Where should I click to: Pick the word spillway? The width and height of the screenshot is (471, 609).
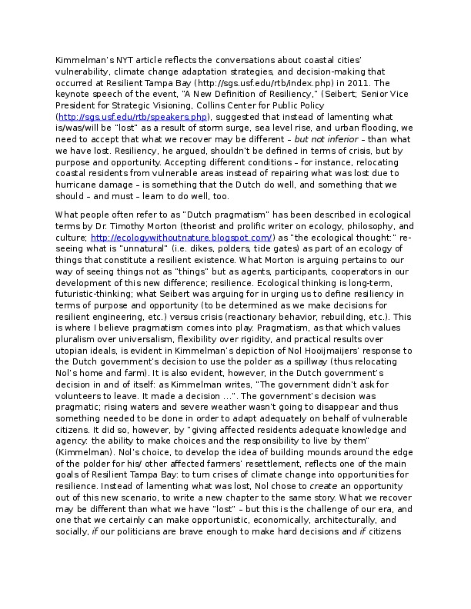point(301,388)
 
